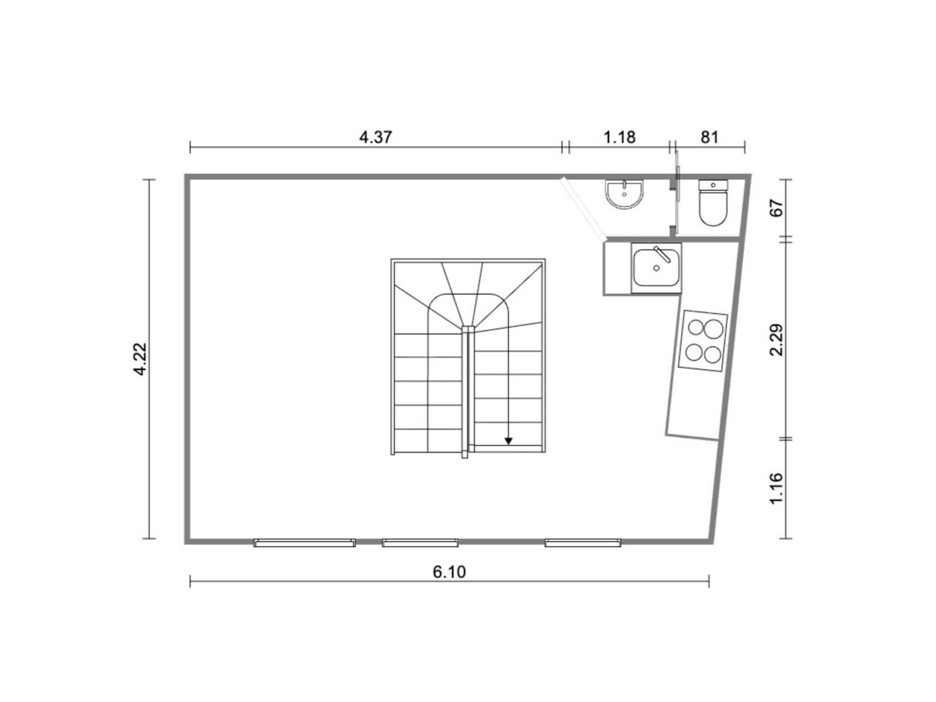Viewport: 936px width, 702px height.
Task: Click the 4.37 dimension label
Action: click(375, 137)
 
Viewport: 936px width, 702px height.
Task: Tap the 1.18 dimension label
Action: click(619, 137)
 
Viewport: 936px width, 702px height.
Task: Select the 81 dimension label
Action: click(709, 137)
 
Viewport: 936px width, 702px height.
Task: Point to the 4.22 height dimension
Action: click(140, 359)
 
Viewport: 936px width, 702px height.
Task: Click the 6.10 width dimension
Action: click(449, 572)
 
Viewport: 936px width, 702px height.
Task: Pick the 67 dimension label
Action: click(776, 208)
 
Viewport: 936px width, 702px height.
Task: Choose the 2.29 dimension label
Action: click(776, 340)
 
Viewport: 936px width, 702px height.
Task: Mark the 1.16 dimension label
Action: click(776, 488)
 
